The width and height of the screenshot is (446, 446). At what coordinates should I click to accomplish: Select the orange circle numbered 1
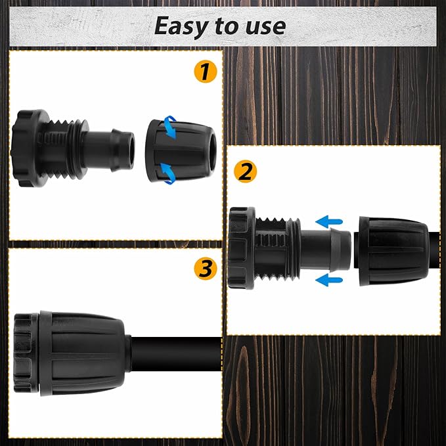[206, 72]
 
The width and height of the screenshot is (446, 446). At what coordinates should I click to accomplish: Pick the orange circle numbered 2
[245, 171]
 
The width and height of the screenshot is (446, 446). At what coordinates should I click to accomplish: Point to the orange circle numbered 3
[206, 269]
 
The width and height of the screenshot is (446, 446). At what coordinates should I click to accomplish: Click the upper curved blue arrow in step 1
[170, 127]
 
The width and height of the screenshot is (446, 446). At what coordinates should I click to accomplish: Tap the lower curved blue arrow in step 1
[168, 173]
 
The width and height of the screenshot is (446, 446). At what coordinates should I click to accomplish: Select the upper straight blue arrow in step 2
[329, 221]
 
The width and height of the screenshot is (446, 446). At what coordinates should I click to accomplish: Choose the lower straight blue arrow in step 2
[329, 280]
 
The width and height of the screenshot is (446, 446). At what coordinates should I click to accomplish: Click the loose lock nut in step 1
[181, 151]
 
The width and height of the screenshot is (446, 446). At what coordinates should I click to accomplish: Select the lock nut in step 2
[393, 251]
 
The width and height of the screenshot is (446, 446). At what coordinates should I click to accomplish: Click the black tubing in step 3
[176, 354]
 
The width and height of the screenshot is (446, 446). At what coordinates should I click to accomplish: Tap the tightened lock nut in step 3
[83, 353]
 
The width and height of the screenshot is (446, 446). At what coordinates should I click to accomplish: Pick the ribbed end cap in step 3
[26, 353]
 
